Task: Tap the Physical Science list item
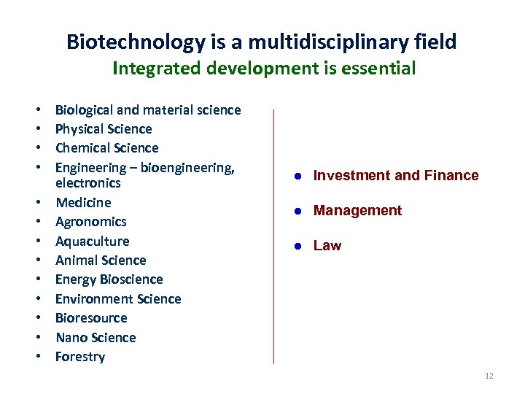tap(104, 129)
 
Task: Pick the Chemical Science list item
tap(106, 148)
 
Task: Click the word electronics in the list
tap(87, 183)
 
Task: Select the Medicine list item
tap(83, 202)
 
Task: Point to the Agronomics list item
tap(90, 222)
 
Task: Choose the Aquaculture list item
tap(92, 241)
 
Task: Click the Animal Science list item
tap(101, 260)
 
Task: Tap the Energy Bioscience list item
tap(109, 279)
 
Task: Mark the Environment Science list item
tap(118, 299)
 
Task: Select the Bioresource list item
tap(91, 318)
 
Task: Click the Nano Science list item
tap(96, 338)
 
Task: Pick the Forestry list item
tap(80, 357)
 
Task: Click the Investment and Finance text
tap(396, 175)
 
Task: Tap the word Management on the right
tap(357, 211)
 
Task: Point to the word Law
tap(327, 246)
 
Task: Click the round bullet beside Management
tap(298, 211)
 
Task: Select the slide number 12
tap(489, 376)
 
